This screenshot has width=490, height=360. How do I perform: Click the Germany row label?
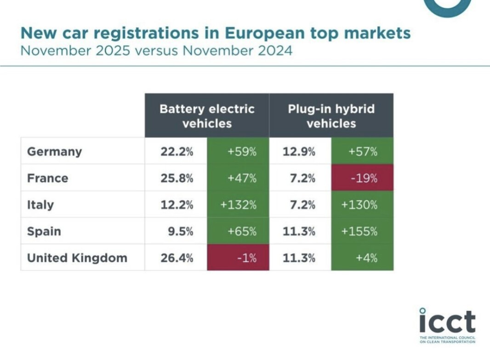click(x=54, y=152)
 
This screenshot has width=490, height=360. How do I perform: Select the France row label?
click(x=47, y=178)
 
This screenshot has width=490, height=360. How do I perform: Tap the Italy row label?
click(x=40, y=205)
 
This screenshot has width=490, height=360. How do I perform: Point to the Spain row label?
click(x=44, y=231)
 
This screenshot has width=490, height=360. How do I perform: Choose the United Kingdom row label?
click(x=77, y=258)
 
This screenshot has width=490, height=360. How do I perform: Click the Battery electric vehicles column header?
click(x=207, y=116)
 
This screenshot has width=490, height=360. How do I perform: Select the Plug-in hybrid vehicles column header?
click(x=331, y=116)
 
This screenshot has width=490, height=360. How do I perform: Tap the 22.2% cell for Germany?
click(x=177, y=152)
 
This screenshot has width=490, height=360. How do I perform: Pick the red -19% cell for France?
click(x=362, y=178)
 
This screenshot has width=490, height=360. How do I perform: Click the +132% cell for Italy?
click(x=238, y=205)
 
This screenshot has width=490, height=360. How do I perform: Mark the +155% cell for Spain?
click(x=362, y=231)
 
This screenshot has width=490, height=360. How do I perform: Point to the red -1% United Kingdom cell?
click(x=238, y=258)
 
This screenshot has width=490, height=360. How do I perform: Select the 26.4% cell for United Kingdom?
click(x=177, y=258)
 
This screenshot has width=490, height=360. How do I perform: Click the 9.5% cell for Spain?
click(x=180, y=231)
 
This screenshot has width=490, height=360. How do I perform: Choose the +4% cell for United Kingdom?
click(x=362, y=258)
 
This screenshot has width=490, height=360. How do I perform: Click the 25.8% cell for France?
click(x=177, y=178)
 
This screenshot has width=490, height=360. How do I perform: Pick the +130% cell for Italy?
click(x=362, y=205)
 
